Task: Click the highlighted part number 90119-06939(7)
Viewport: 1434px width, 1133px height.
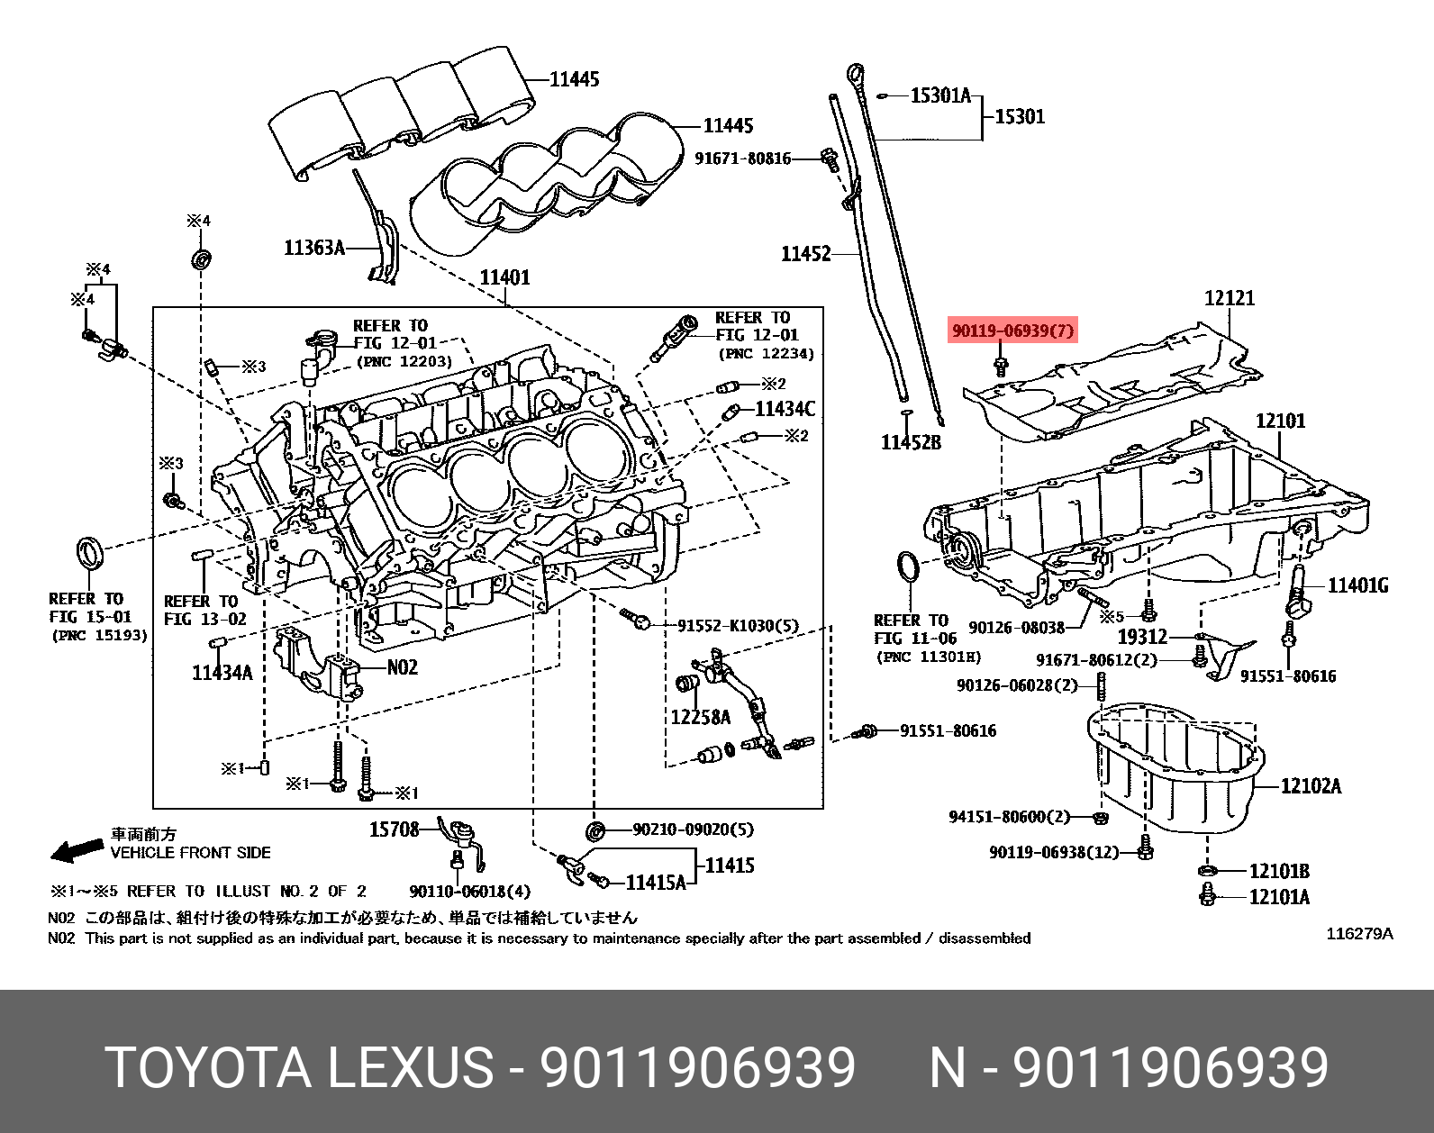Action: tap(1013, 331)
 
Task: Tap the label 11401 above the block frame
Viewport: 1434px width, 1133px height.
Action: tap(504, 277)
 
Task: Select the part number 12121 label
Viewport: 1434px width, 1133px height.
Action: tap(1230, 298)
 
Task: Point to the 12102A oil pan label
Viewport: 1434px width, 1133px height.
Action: tap(1311, 786)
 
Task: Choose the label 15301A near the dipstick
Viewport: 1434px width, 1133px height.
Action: tap(940, 95)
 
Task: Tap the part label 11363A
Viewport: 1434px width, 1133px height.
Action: tap(314, 248)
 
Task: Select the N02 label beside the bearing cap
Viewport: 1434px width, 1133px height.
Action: tap(403, 667)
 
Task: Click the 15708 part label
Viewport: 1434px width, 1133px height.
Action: tap(394, 829)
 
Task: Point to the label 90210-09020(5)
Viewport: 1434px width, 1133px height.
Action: tap(693, 829)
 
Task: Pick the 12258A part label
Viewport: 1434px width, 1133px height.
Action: tap(700, 717)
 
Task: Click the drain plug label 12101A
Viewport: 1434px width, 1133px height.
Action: tap(1279, 897)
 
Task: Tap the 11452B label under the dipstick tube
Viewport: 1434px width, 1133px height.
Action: tap(911, 442)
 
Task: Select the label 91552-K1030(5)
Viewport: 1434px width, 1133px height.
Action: tap(738, 626)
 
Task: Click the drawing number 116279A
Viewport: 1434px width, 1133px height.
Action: tap(1359, 934)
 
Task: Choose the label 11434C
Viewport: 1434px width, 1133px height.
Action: tap(785, 410)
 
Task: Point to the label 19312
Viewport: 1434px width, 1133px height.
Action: tap(1142, 637)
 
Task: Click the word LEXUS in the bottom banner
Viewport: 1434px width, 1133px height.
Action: tap(410, 1068)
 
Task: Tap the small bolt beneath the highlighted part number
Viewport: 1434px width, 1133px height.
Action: tap(1001, 366)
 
